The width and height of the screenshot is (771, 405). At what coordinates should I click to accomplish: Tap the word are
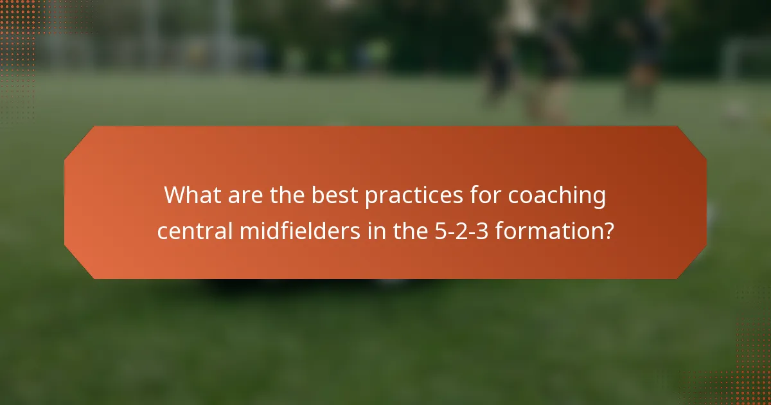[245, 195]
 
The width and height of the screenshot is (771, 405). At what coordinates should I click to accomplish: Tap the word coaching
[557, 195]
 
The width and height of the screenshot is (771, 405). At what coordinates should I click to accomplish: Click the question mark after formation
[608, 230]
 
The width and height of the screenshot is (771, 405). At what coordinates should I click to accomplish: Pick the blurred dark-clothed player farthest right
[642, 51]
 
